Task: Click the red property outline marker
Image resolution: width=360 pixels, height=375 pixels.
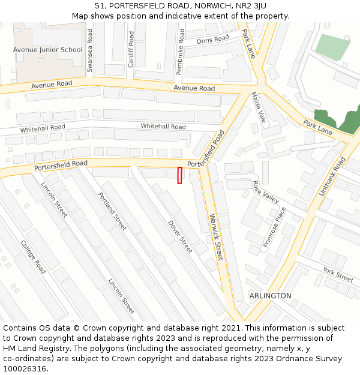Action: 179,175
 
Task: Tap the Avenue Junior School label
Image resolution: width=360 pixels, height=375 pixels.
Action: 47,50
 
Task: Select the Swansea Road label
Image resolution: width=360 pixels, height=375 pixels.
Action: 90,51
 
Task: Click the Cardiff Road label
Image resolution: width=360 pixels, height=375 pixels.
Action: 131,49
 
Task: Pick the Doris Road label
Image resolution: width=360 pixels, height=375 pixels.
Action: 213,40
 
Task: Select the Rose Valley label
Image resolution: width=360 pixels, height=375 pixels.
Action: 266,192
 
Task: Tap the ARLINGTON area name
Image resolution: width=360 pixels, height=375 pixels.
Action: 270,296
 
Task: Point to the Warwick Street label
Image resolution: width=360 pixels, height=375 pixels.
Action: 215,237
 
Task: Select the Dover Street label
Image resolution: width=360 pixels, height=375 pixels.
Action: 180,236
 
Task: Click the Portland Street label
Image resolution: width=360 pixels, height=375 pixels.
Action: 112,211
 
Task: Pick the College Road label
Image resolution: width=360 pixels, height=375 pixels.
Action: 33,257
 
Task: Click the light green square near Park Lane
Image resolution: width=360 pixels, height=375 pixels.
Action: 332,47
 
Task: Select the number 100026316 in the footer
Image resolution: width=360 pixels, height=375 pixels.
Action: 25,368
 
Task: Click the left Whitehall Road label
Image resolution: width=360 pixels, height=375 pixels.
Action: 42,128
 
